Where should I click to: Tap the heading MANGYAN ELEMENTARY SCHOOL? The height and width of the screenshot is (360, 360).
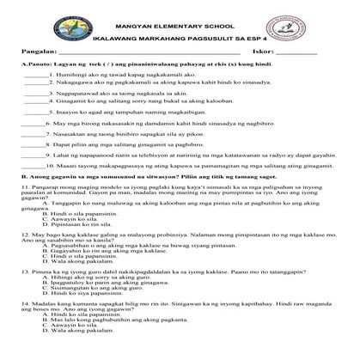(x=180, y=17)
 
